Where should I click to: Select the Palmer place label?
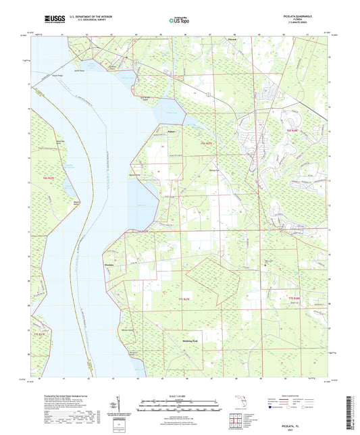(163, 131)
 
